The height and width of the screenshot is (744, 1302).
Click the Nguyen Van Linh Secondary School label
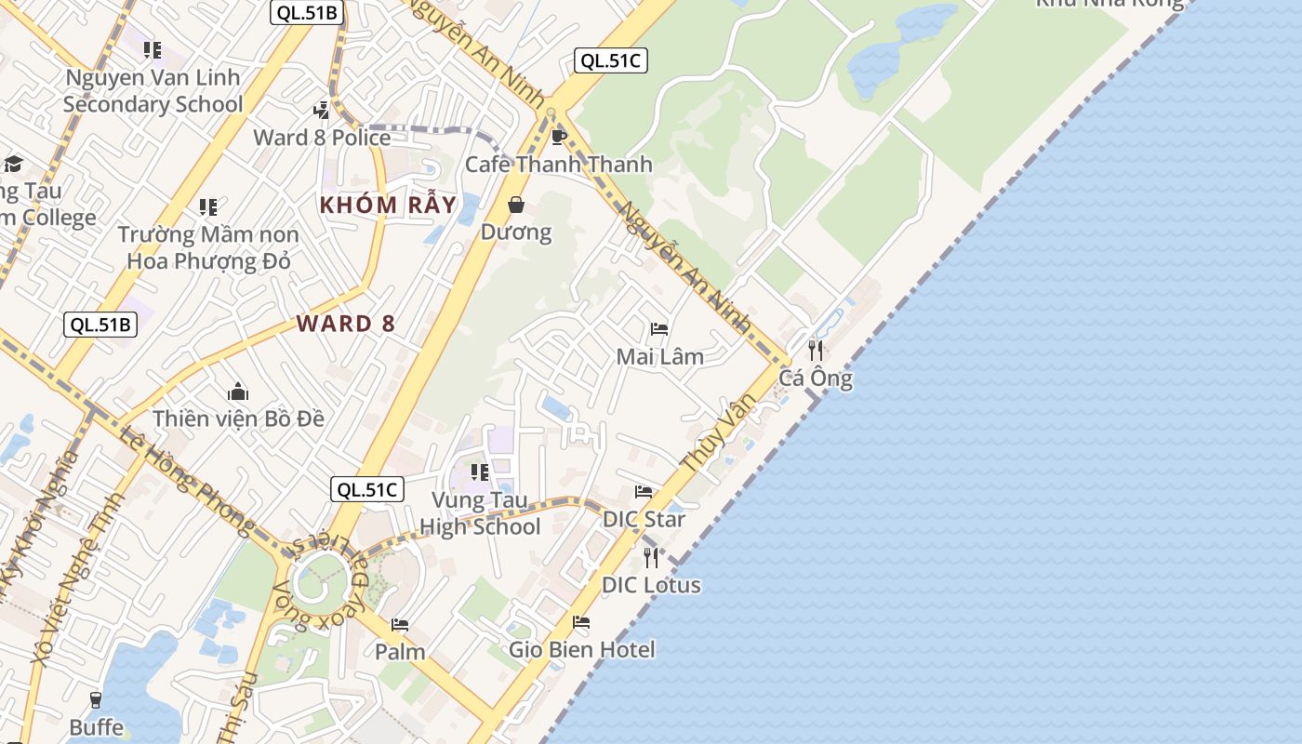153,91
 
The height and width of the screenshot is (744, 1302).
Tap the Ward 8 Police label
322,138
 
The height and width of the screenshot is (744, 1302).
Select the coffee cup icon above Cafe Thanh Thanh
558,138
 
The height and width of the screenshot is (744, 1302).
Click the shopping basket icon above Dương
516,205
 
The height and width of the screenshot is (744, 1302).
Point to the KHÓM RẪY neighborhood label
388,205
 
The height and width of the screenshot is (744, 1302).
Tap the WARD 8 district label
346,324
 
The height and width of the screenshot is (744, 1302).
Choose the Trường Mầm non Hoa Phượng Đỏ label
208,247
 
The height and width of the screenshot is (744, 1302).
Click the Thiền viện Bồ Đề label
238,418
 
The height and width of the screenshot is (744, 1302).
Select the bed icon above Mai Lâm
659,329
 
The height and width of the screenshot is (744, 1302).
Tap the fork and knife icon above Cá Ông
816,351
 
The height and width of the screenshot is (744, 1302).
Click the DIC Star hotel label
644,519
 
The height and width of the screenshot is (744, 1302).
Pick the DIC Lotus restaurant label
651,585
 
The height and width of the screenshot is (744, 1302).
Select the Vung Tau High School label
480,513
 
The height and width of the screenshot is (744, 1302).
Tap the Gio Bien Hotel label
581,649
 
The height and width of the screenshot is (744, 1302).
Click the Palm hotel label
400,651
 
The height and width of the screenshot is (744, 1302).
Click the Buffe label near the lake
96,726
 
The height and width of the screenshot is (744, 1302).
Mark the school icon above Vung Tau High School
480,472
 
